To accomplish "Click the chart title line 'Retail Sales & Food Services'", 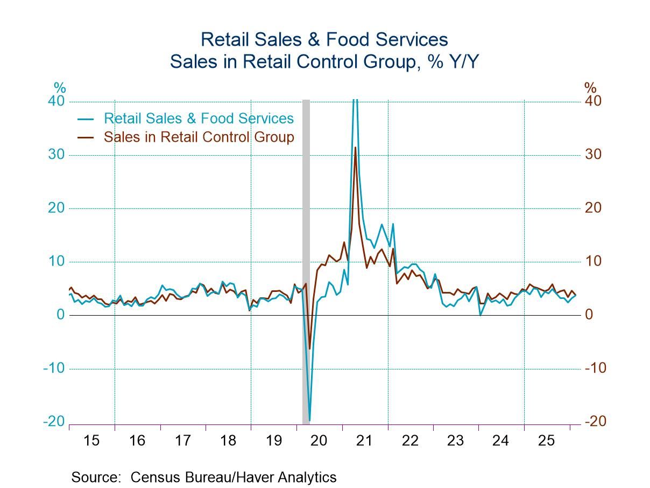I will click(324, 40).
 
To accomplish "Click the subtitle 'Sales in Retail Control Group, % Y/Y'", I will click(324, 62).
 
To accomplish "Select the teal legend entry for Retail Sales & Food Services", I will click(199, 118).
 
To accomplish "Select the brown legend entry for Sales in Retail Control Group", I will click(199, 137).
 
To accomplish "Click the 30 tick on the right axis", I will click(594, 155).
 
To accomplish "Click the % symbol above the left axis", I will click(59, 87).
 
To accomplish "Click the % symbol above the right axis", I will click(590, 87).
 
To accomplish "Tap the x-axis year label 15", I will click(91, 441).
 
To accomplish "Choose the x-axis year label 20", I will click(319, 441).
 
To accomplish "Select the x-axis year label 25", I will click(547, 441).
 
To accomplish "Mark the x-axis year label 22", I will click(410, 441).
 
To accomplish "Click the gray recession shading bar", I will click(306, 259).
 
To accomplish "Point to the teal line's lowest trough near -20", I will click(309, 420).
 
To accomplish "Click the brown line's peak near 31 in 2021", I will click(355, 148).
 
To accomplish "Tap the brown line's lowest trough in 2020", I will click(309, 348).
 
